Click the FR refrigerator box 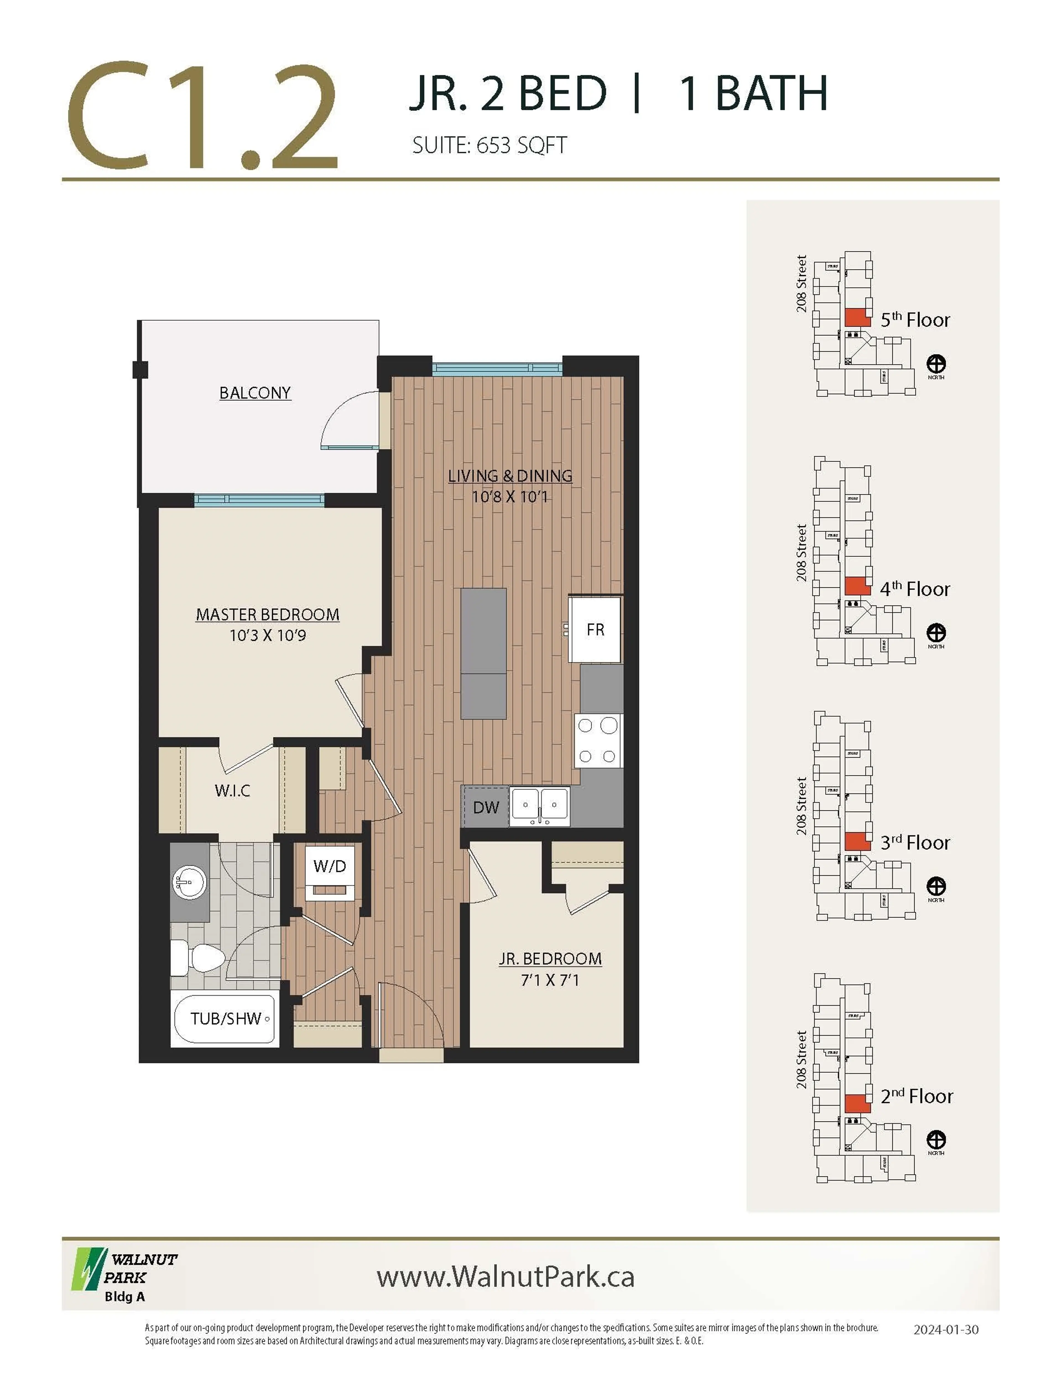(595, 629)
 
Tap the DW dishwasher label (486, 807)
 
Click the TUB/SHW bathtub (225, 1019)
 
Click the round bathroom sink (189, 882)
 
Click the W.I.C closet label (232, 790)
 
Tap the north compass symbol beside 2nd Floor (936, 1140)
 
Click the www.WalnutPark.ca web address (505, 1276)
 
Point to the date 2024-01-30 (946, 1329)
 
